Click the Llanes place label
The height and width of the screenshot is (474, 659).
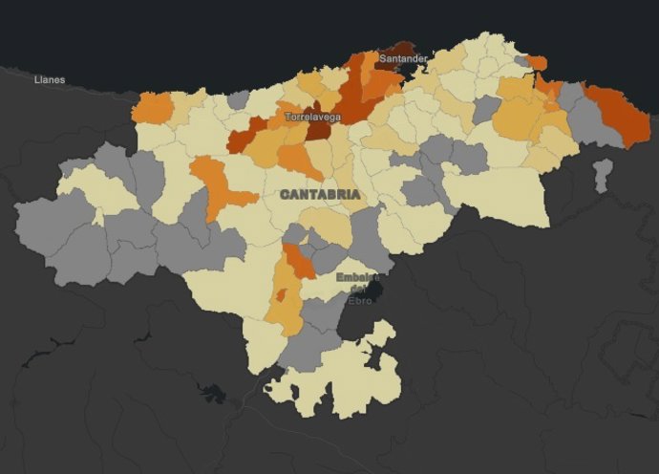(50, 79)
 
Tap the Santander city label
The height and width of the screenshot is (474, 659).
(402, 59)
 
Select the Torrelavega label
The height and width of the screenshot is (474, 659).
(312, 118)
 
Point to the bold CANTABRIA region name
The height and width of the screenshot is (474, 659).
(321, 194)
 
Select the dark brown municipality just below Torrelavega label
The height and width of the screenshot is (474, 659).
(317, 132)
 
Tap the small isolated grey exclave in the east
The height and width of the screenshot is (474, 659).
(602, 175)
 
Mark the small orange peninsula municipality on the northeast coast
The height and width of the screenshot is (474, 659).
(537, 63)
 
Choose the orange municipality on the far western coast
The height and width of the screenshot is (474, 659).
(152, 108)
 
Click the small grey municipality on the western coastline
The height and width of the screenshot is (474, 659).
(239, 99)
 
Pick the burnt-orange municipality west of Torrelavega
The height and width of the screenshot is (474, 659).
(246, 137)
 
